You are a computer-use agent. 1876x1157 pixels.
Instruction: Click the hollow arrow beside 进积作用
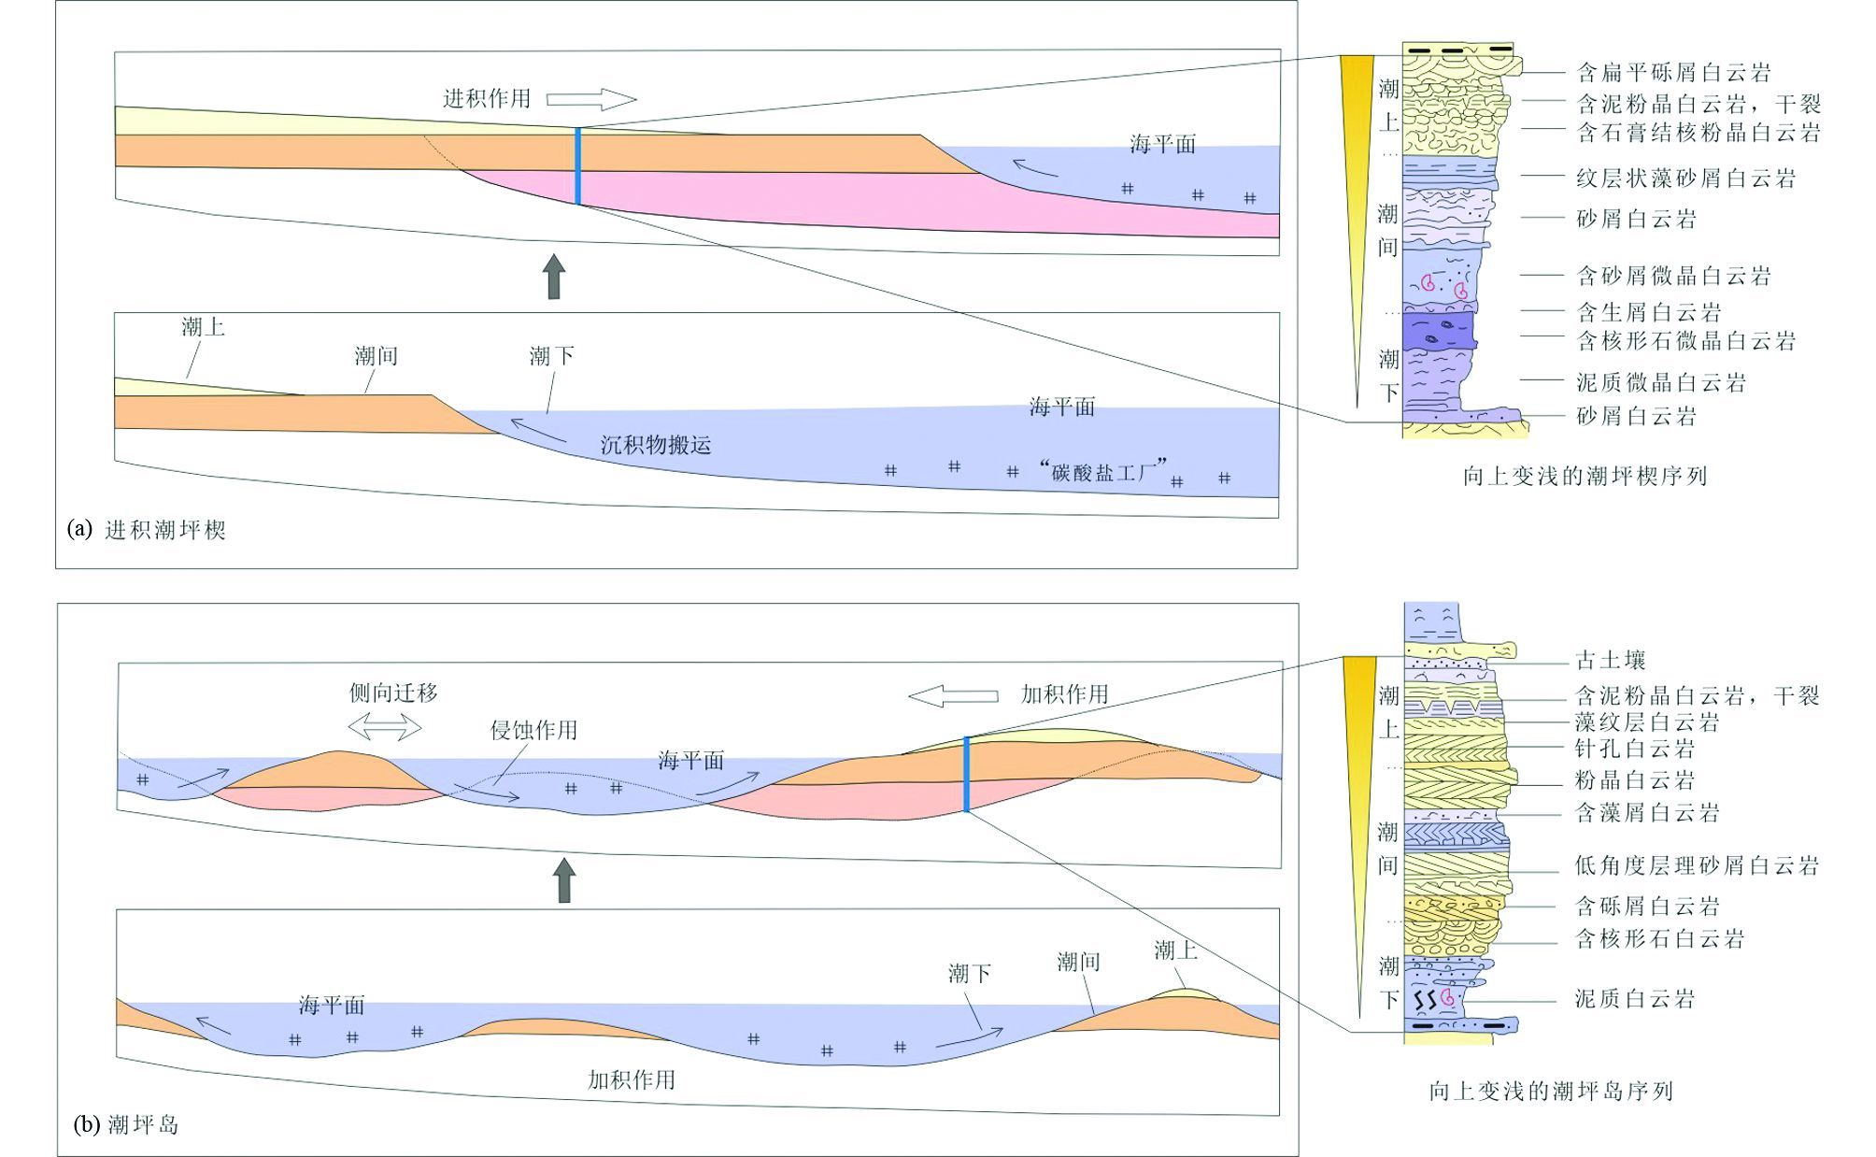click(590, 99)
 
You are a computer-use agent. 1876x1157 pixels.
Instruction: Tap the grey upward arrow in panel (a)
click(554, 276)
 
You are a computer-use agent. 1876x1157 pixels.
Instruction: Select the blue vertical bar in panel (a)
click(578, 165)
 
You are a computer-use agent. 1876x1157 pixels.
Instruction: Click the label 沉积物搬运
click(656, 445)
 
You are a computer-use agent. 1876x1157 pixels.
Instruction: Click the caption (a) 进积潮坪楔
click(147, 530)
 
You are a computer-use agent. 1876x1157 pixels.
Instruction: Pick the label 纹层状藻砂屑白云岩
click(1685, 178)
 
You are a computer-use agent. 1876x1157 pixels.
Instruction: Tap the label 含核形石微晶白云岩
click(1685, 340)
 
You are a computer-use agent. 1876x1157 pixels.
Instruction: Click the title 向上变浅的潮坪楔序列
click(1585, 476)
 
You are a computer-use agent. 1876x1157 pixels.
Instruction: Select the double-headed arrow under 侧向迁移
click(385, 725)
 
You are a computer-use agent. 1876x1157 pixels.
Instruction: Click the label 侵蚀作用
click(533, 730)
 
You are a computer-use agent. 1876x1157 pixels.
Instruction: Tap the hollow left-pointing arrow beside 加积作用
click(953, 695)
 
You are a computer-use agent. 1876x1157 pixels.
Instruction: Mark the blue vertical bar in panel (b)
click(967, 775)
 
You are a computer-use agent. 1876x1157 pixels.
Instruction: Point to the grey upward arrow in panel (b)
click(563, 880)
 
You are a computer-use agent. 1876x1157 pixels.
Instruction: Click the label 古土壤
click(1610, 660)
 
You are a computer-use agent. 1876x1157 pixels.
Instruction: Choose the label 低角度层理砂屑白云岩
click(1697, 865)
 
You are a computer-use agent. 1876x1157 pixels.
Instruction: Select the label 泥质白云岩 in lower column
click(1634, 998)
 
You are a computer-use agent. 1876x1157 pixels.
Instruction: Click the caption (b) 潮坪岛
click(126, 1123)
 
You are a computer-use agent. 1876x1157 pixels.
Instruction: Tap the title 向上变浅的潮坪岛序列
click(1551, 1091)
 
